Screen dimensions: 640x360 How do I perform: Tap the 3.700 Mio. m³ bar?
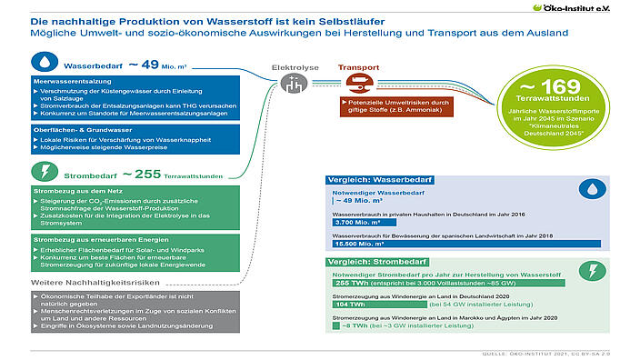(359, 221)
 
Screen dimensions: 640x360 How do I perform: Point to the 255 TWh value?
(349, 283)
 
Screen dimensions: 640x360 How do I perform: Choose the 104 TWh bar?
(350, 305)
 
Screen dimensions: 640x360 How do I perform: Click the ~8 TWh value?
(349, 326)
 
